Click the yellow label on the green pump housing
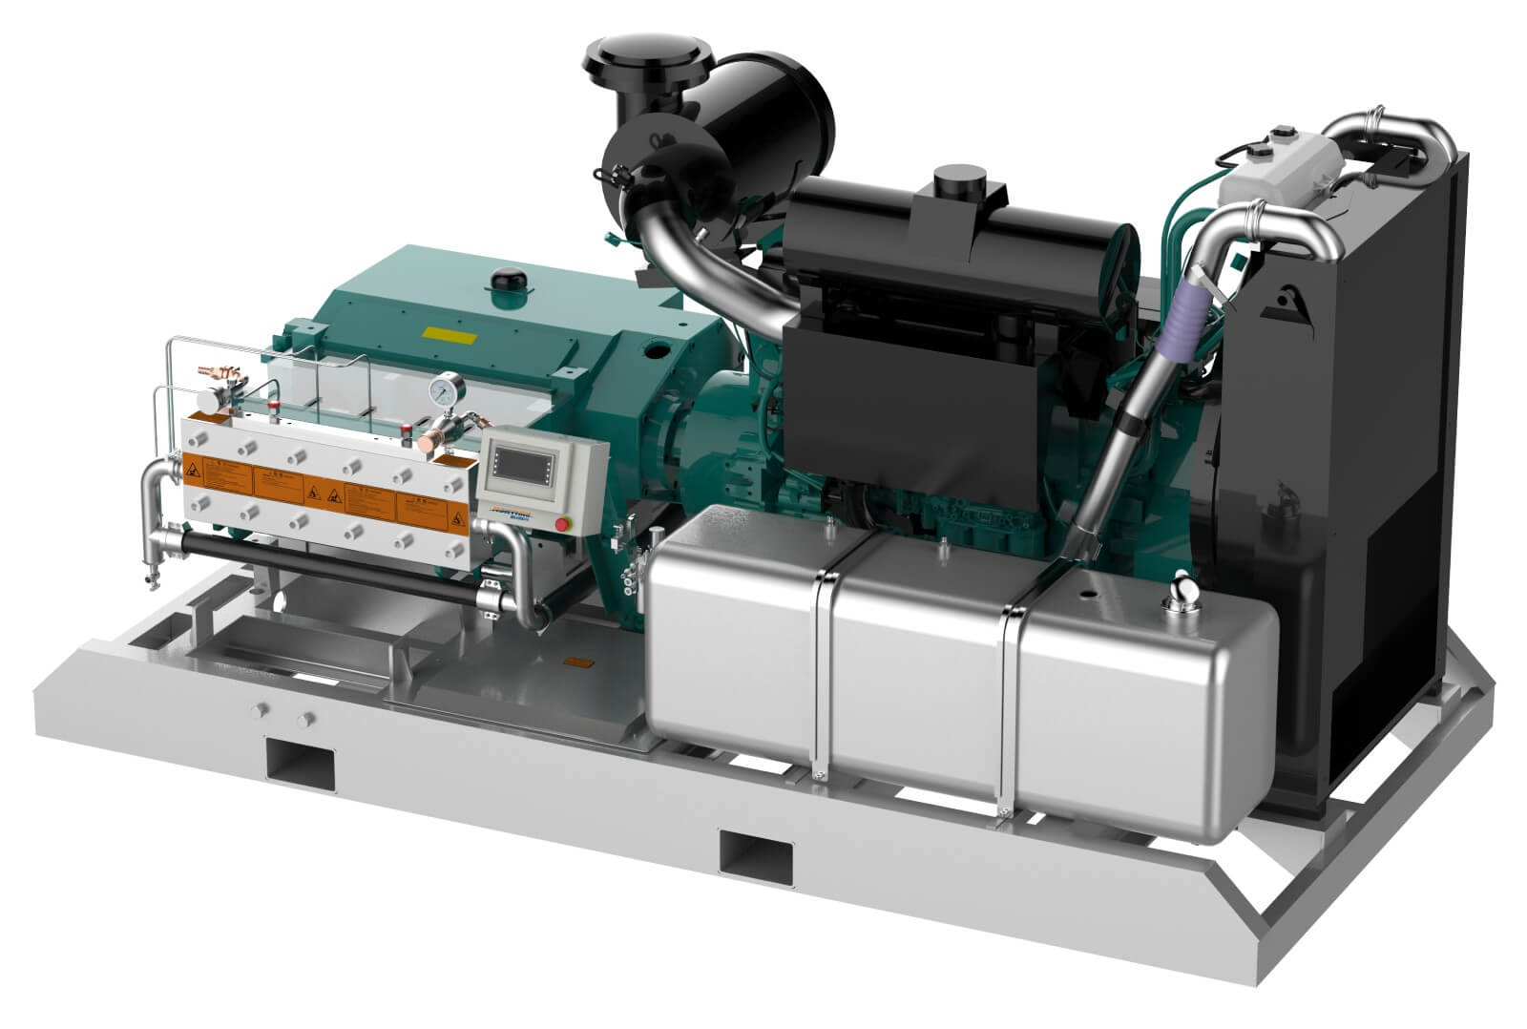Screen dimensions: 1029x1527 coord(449,335)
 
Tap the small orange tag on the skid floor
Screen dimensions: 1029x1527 coord(578,660)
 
